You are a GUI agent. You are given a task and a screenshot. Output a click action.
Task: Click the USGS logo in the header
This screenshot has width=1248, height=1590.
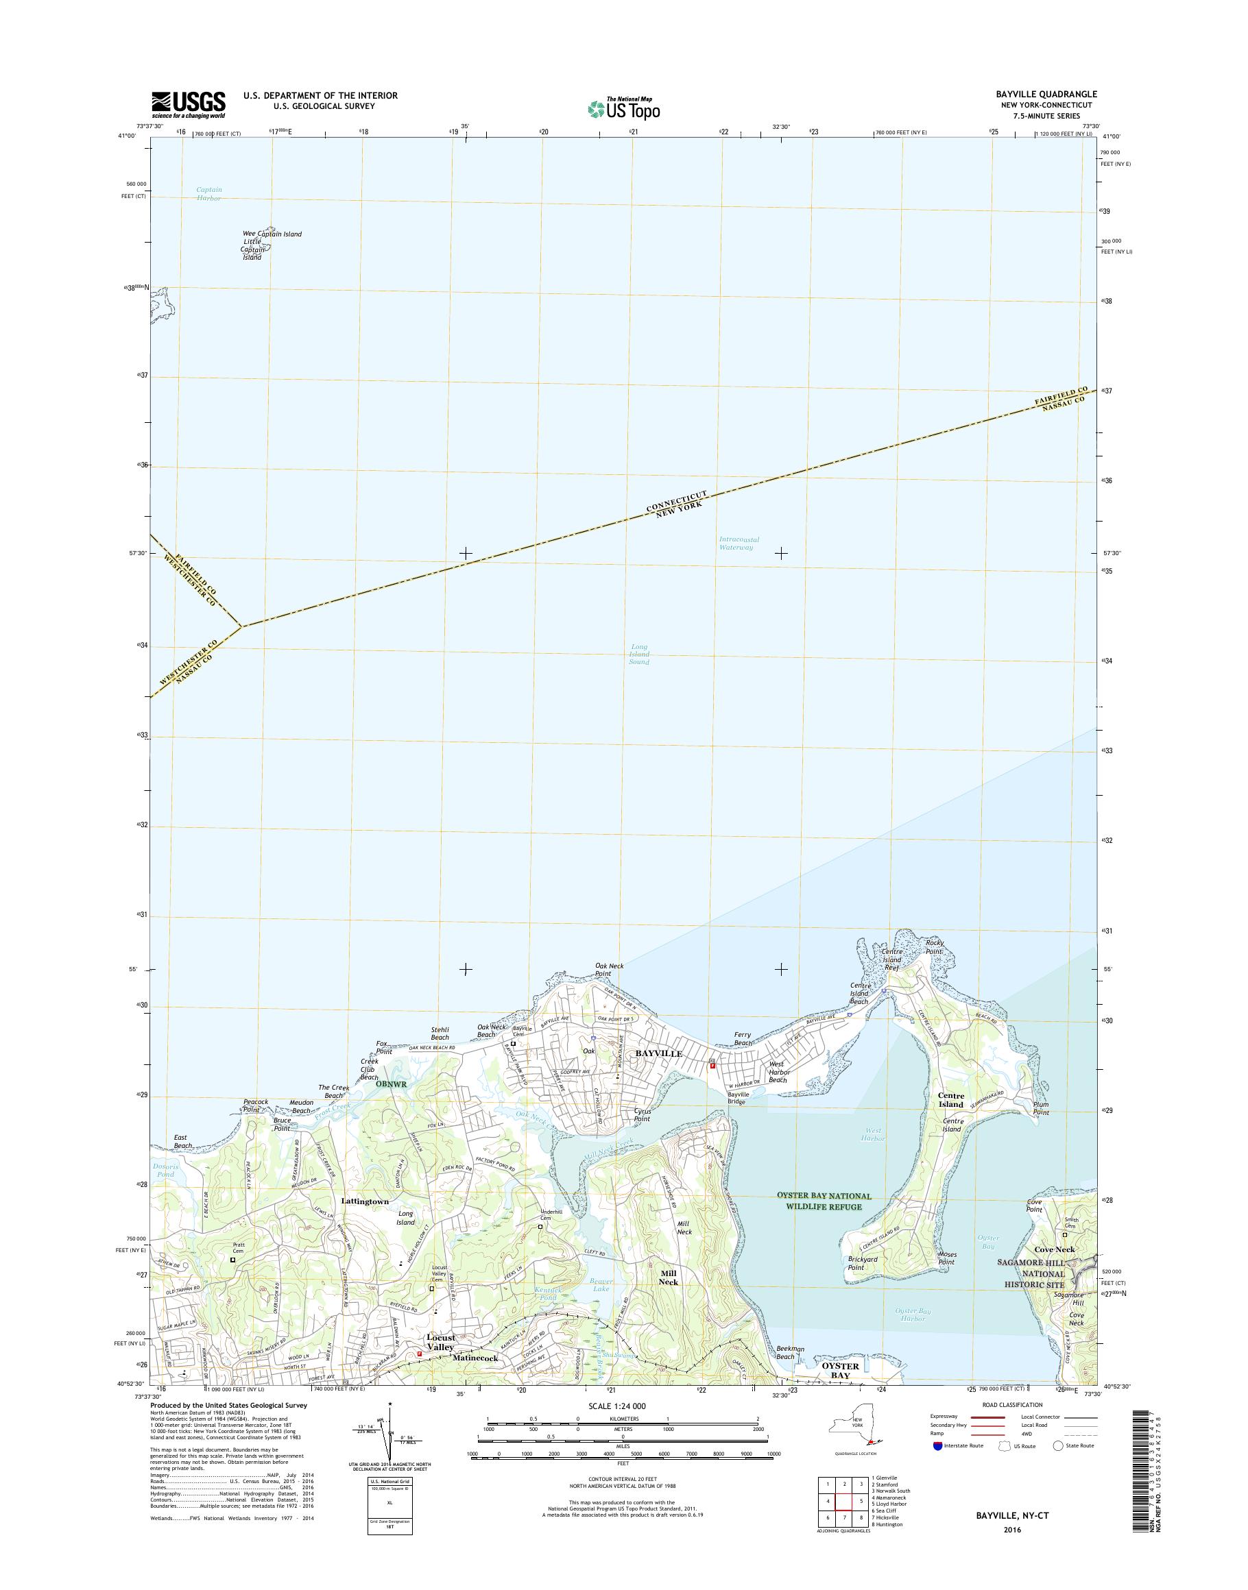point(189,104)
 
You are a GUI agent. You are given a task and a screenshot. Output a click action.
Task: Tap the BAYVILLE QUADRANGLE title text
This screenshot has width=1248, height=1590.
point(1051,94)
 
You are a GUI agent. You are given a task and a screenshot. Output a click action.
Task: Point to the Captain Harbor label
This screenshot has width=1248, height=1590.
point(209,193)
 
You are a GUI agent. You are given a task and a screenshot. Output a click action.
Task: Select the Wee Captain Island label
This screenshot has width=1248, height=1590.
point(272,234)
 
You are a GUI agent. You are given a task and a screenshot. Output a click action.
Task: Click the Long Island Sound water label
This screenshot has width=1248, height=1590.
point(638,654)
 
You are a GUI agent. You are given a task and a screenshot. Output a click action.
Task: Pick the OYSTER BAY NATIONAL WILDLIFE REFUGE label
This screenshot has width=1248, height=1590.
point(824,1201)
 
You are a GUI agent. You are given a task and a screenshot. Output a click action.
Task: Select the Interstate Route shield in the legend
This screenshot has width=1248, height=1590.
point(937,1445)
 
